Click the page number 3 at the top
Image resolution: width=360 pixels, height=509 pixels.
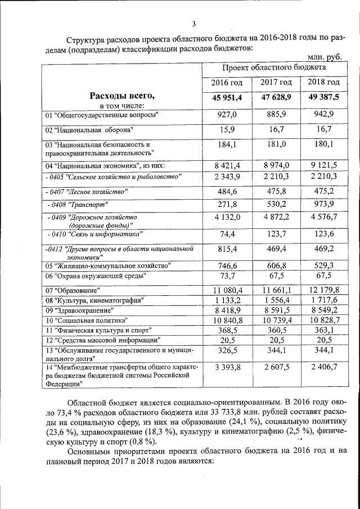[x=193, y=24]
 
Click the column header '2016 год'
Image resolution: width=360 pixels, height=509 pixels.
[x=227, y=83]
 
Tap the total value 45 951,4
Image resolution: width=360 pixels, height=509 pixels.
[x=227, y=97]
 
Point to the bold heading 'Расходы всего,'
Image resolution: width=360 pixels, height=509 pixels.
[x=122, y=96]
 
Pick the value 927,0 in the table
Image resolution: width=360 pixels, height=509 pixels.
[x=227, y=115]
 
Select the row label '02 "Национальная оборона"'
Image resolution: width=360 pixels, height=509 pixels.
[x=89, y=130]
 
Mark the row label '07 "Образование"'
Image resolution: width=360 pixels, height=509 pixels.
[x=73, y=290]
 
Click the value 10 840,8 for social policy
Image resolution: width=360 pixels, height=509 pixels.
[x=227, y=320]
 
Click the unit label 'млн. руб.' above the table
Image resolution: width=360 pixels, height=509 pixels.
[x=326, y=57]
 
